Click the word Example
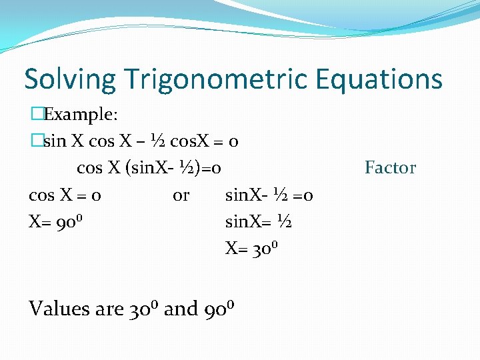pyautogui.click(x=80, y=115)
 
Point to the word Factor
pyautogui.click(x=390, y=168)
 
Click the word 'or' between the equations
pyautogui.click(x=181, y=195)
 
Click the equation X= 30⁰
pyautogui.click(x=251, y=249)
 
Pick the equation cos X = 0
pyautogui.click(x=65, y=195)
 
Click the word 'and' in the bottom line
pyautogui.click(x=181, y=309)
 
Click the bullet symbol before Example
pyautogui.click(x=36, y=115)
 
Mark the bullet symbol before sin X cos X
pyautogui.click(x=36, y=141)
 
